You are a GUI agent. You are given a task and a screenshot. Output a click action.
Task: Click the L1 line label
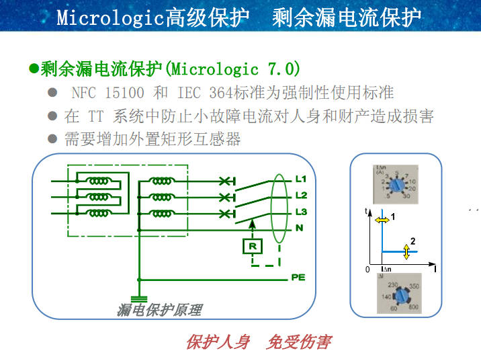click(x=300, y=179)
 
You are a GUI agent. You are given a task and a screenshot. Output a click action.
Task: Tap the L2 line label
click(x=300, y=196)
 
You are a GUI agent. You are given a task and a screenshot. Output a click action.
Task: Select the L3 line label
click(x=300, y=212)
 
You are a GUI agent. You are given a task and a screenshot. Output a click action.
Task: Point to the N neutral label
click(x=299, y=229)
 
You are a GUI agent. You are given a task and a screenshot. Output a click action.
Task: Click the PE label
click(x=298, y=277)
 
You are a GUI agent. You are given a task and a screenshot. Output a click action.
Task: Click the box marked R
click(x=252, y=246)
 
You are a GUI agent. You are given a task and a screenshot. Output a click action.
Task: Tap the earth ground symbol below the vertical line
click(x=139, y=298)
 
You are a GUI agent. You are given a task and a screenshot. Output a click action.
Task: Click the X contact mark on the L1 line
click(x=226, y=181)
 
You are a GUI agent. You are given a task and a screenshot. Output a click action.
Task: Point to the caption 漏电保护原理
click(x=159, y=310)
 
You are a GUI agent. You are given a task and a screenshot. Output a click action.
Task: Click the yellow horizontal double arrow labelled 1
click(x=382, y=219)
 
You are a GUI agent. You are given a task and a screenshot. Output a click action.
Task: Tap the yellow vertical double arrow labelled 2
click(x=406, y=251)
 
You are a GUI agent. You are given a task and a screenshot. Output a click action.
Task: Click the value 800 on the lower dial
click(x=414, y=306)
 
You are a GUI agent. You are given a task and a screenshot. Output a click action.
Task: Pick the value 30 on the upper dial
click(x=408, y=196)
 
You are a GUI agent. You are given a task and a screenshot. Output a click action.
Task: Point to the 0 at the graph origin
click(x=367, y=269)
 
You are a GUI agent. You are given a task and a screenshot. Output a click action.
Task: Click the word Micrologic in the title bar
click(x=110, y=17)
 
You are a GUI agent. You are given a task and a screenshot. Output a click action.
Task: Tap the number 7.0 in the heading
click(x=282, y=69)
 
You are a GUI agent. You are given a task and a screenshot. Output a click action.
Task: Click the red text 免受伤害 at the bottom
click(x=299, y=342)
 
